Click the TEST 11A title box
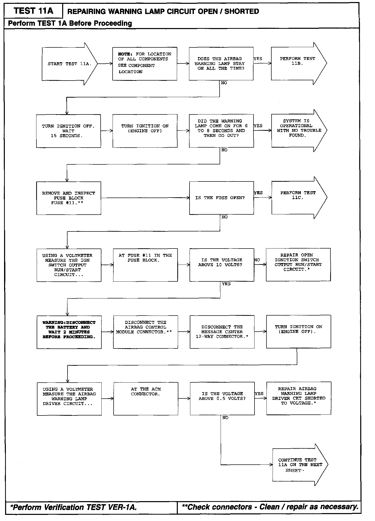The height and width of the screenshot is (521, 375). click(33, 11)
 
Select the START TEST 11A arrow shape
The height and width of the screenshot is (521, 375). click(69, 64)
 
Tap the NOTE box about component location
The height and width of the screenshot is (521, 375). click(145, 64)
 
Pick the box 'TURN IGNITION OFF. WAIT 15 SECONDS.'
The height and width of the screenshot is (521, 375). click(68, 131)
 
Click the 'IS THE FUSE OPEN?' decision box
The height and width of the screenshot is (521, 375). click(221, 198)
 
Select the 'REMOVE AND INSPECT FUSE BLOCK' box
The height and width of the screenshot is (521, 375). click(69, 198)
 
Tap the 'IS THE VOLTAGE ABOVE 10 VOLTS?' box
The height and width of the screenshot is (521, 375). click(222, 265)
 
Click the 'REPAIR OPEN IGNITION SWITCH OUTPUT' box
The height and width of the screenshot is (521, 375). click(298, 265)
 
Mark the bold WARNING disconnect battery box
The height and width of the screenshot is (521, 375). click(69, 332)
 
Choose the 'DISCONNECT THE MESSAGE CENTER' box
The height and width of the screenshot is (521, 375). click(222, 332)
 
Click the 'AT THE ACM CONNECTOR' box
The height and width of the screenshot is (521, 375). click(146, 399)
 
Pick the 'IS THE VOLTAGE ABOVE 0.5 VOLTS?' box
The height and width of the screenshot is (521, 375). click(222, 398)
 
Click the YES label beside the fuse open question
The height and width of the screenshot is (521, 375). click(258, 193)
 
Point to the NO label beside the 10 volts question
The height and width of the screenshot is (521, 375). click(257, 260)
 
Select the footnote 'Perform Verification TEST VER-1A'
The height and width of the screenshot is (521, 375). click(74, 507)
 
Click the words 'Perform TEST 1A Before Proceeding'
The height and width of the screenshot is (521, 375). click(70, 23)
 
